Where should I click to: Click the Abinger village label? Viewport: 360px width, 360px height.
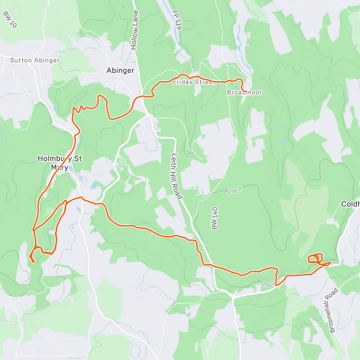tap(120, 70)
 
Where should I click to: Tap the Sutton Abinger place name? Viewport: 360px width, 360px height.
tap(35, 60)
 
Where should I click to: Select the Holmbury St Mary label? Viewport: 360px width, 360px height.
tap(60, 163)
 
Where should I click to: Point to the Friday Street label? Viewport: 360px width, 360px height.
tap(194, 82)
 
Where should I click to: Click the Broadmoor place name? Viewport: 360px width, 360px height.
tap(244, 92)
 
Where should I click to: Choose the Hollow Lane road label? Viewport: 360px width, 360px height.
tap(135, 30)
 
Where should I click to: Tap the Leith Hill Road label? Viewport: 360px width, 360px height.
tap(177, 176)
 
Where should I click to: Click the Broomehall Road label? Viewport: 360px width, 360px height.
tap(334, 310)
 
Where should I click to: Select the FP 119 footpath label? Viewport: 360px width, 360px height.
tap(177, 20)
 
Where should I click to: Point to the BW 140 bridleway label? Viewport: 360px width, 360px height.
tap(214, 218)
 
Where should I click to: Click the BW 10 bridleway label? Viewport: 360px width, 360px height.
tap(9, 19)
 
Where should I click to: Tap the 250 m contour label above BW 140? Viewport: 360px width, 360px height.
tap(235, 190)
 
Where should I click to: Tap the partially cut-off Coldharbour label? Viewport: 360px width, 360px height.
tap(350, 204)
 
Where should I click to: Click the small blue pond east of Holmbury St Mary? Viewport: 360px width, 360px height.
tap(94, 186)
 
